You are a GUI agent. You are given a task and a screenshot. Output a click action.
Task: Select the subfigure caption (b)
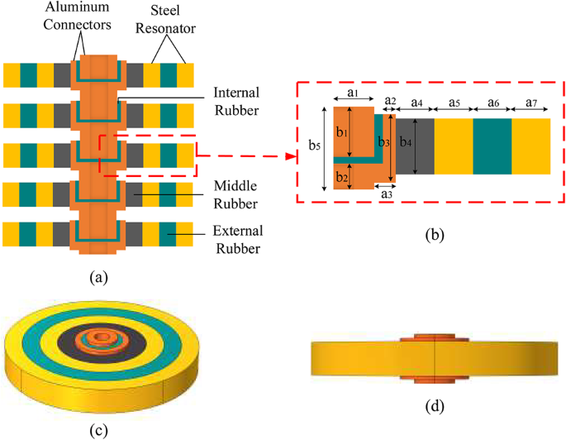435,235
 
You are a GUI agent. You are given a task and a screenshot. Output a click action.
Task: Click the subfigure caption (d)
435,406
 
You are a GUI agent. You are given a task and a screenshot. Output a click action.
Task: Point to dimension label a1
352,94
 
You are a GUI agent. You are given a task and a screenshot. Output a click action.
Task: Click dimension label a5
454,101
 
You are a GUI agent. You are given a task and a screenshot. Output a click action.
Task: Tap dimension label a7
530,101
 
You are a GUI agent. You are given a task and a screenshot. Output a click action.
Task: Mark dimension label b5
313,146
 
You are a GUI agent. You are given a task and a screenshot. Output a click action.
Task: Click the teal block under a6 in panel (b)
492,146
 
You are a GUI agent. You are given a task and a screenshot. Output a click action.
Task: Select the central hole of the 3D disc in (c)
100,338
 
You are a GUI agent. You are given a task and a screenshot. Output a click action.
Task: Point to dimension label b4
404,141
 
